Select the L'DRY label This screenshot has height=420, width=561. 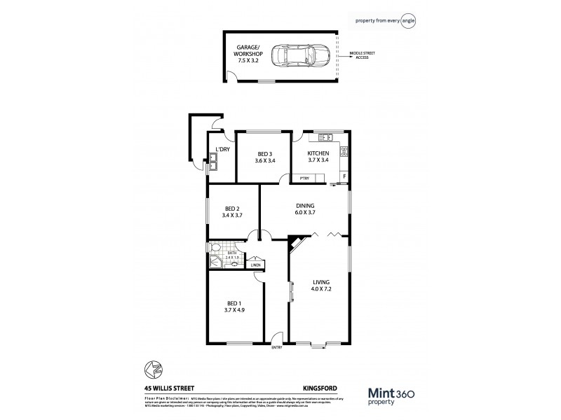(222, 149)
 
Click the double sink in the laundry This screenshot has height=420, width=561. (213, 165)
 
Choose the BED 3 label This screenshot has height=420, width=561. (264, 155)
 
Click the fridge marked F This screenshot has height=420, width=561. (344, 176)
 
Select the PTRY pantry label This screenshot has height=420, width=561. (304, 178)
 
